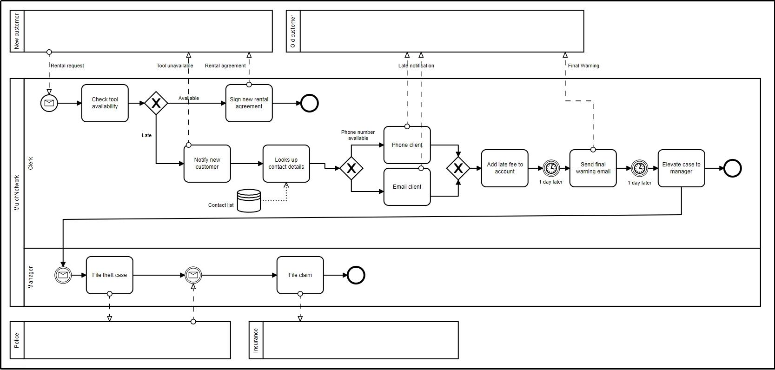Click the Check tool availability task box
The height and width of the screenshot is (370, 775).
[x=105, y=103]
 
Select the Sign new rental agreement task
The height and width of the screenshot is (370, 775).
[x=249, y=103]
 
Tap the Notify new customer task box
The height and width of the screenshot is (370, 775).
[x=207, y=164]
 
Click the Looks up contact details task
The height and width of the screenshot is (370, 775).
[x=286, y=164]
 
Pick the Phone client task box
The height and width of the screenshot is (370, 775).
[x=407, y=145]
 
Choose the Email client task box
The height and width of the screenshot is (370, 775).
[x=407, y=187]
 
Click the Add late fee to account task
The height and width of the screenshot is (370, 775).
[x=505, y=168]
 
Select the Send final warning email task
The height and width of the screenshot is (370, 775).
[x=593, y=168]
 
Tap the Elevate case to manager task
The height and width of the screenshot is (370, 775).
[x=681, y=168]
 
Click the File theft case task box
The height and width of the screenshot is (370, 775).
[x=109, y=275]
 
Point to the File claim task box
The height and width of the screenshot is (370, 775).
[x=300, y=275]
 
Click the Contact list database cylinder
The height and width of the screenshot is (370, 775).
[x=249, y=200]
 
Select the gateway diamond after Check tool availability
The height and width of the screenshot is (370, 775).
[x=156, y=103]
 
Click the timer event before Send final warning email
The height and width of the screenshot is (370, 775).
[x=551, y=168]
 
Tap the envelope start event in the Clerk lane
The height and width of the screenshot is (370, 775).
[x=49, y=103]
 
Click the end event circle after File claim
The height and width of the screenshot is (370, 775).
[x=356, y=275]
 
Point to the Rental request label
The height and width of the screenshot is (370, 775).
[x=67, y=66]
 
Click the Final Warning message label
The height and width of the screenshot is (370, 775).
[x=583, y=66]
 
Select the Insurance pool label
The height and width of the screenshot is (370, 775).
[x=256, y=340]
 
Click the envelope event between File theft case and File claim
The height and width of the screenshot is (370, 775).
[x=193, y=275]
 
